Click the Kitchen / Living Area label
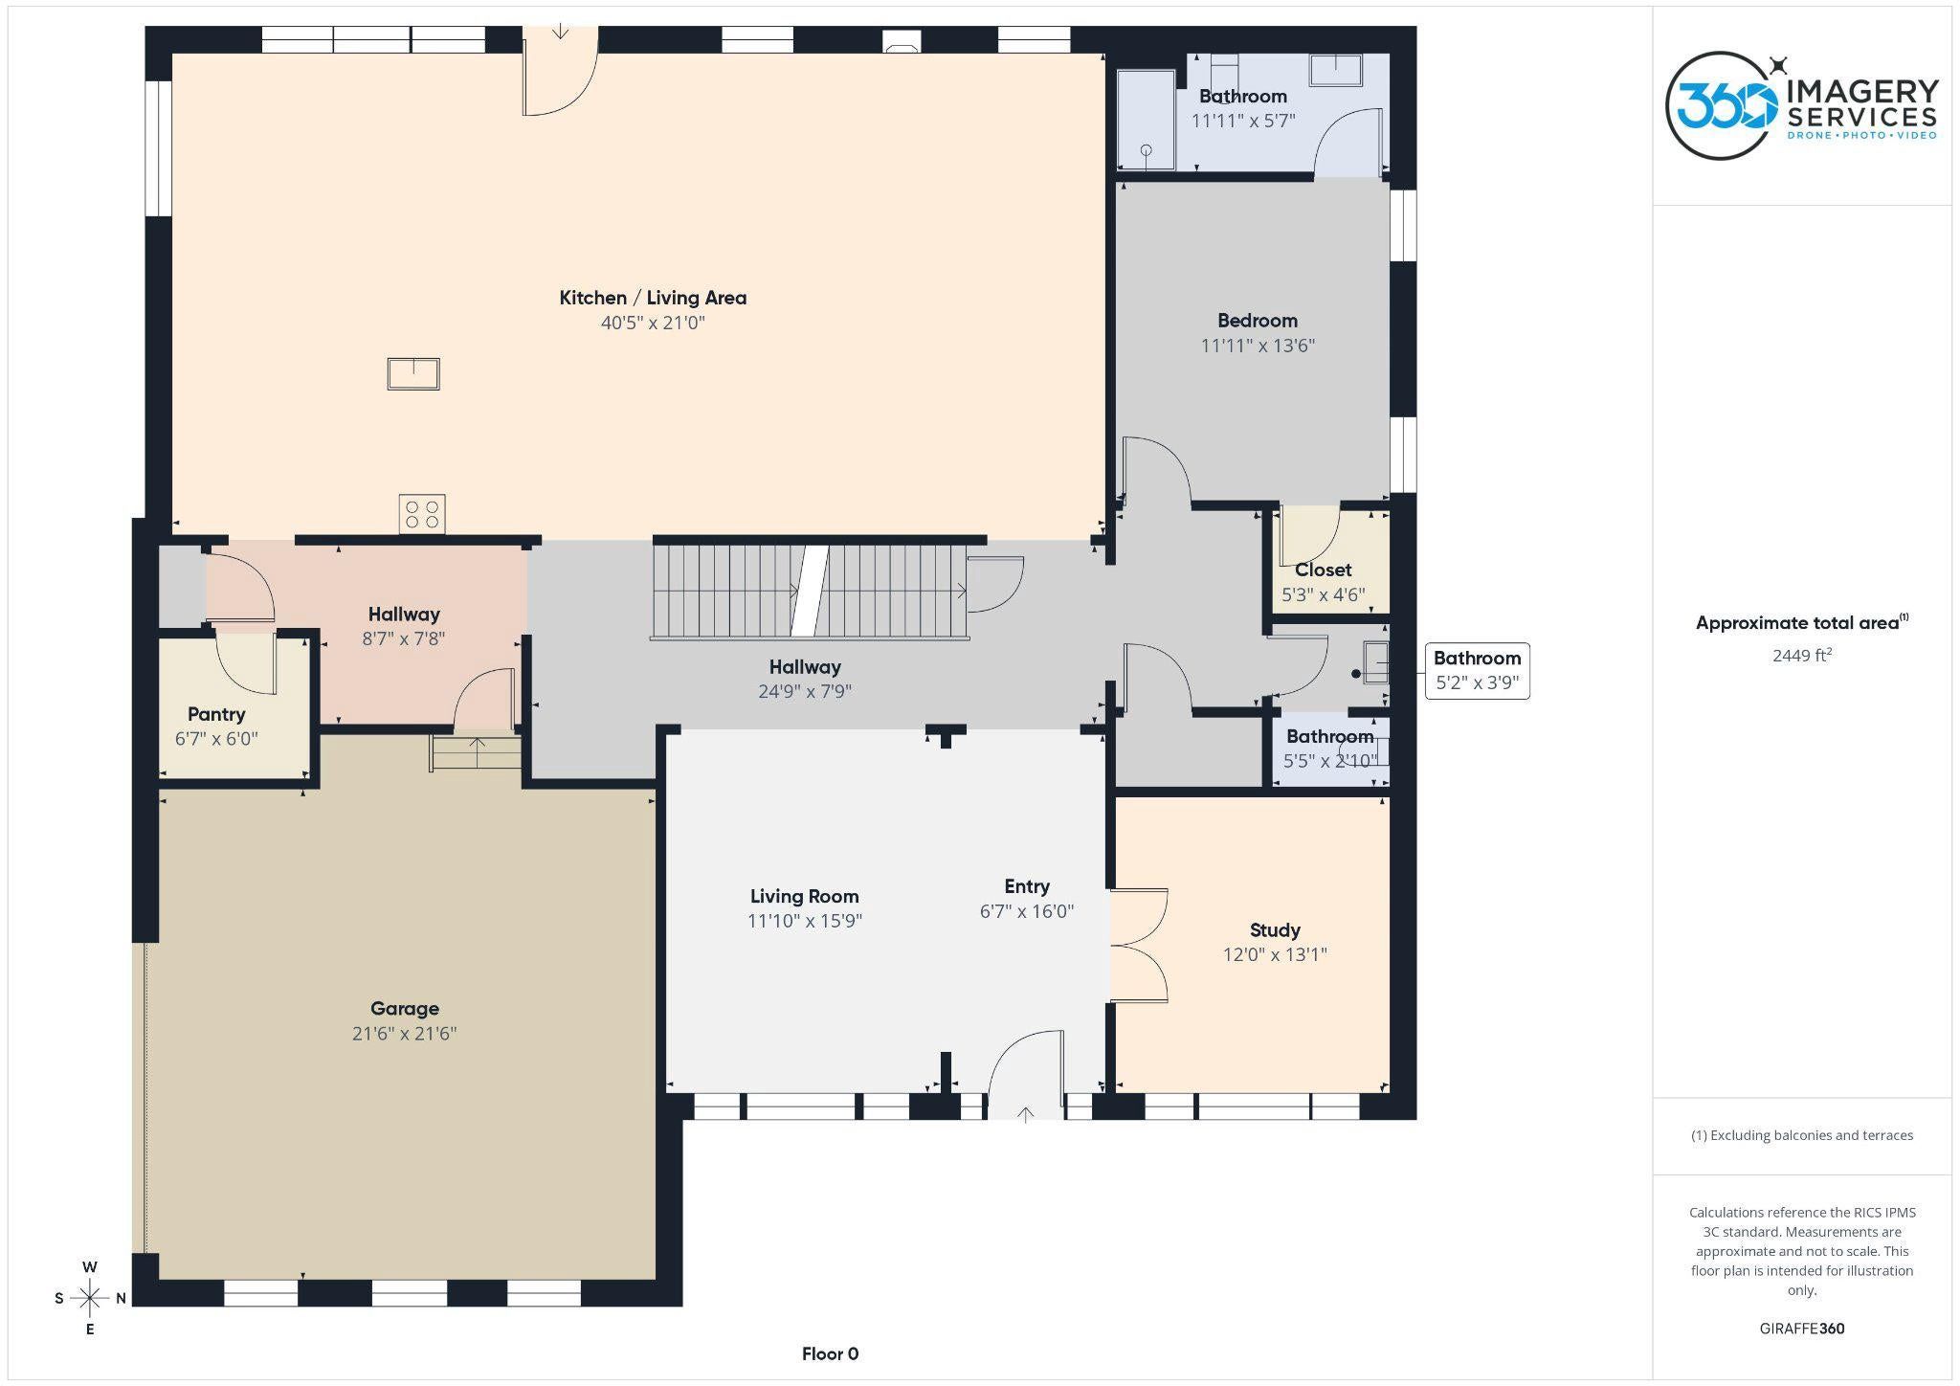[653, 298]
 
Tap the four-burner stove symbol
[422, 514]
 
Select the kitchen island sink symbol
[413, 373]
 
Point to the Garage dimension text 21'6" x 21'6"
[404, 1034]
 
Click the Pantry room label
[216, 714]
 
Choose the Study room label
[1275, 930]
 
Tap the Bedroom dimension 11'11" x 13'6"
[1258, 346]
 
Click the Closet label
[1324, 570]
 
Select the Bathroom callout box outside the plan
[1477, 671]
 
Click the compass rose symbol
[90, 1298]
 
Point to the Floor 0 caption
[830, 1353]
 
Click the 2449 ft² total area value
[1802, 656]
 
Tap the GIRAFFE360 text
[1802, 1329]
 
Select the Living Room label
[804, 897]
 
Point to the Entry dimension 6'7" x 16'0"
[1027, 911]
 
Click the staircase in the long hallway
[810, 592]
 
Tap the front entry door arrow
[1026, 1114]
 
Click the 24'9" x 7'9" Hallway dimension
[805, 691]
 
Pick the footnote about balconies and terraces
[1802, 1135]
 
